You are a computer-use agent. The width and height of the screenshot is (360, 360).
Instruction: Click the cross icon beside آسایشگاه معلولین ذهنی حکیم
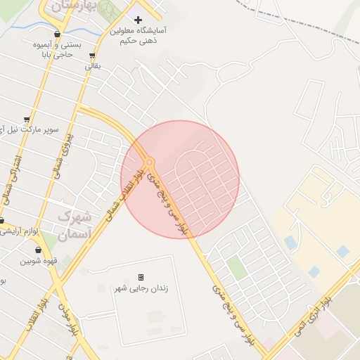[138, 20]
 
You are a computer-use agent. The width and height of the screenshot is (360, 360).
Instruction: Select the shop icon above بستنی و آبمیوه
[56, 34]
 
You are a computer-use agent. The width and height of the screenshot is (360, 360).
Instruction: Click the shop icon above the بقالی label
[92, 56]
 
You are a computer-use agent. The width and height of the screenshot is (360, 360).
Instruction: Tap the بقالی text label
[93, 66]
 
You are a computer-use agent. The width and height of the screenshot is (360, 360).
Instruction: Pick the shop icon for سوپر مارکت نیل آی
[27, 120]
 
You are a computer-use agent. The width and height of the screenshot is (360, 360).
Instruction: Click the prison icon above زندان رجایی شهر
[141, 277]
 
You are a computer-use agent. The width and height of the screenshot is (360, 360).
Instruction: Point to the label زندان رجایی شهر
[141, 288]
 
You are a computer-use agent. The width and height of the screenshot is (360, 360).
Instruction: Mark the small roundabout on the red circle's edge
[149, 162]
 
